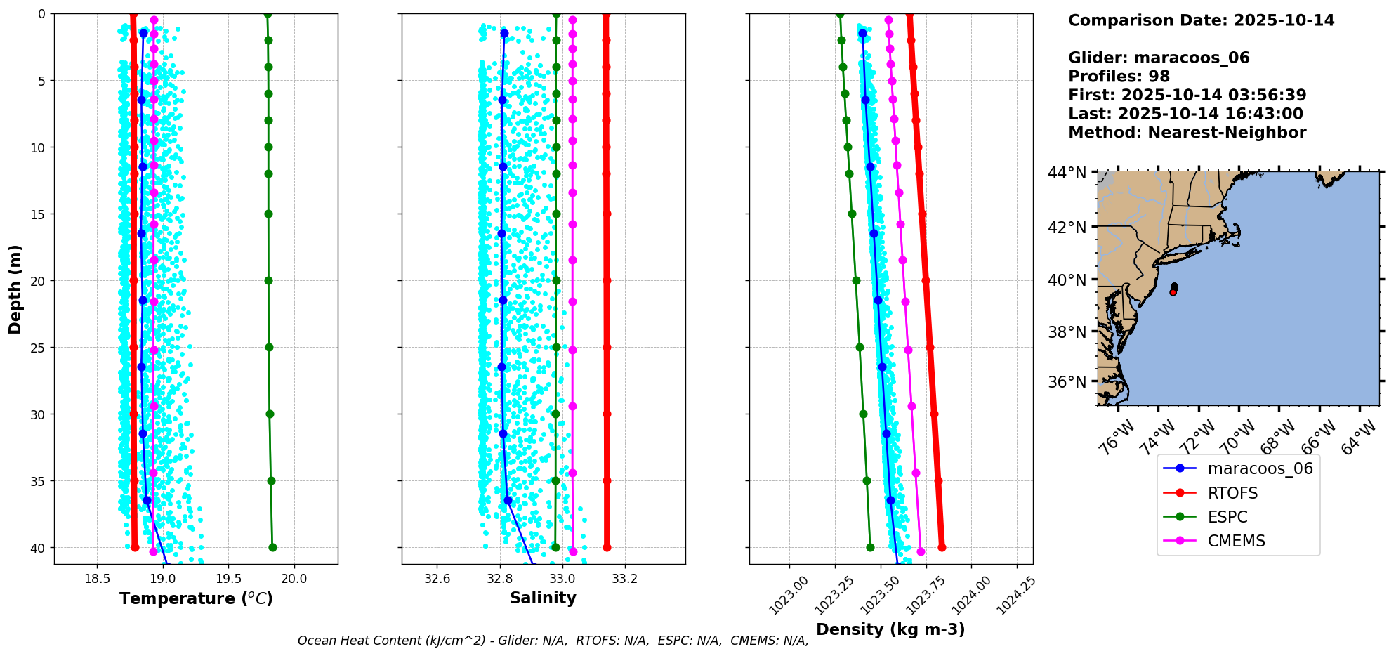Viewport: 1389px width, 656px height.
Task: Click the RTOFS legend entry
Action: click(1232, 493)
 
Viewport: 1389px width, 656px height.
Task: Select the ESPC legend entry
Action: click(1227, 517)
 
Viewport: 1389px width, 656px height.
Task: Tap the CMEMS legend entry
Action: click(1236, 541)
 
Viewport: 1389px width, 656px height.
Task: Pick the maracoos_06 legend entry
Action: click(1260, 468)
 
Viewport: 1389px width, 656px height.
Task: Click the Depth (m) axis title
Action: click(15, 289)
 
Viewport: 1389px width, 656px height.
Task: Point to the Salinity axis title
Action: click(543, 598)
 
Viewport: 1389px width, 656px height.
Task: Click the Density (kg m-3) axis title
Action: click(890, 629)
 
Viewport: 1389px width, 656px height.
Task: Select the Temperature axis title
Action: click(196, 598)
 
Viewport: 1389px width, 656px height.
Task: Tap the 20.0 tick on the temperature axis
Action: click(294, 579)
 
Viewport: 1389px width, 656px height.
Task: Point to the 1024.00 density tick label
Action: click(970, 596)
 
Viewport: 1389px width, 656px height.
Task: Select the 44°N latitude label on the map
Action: click(1067, 173)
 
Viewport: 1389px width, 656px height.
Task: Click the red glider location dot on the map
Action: click(1173, 291)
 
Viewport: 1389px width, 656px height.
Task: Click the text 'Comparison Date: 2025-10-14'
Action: click(1201, 20)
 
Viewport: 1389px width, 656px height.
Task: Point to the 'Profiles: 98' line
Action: click(1119, 77)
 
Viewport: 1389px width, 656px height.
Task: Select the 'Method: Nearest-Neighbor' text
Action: click(1187, 133)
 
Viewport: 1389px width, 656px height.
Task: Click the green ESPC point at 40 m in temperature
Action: click(272, 547)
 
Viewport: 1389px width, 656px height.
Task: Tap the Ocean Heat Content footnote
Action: click(553, 641)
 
